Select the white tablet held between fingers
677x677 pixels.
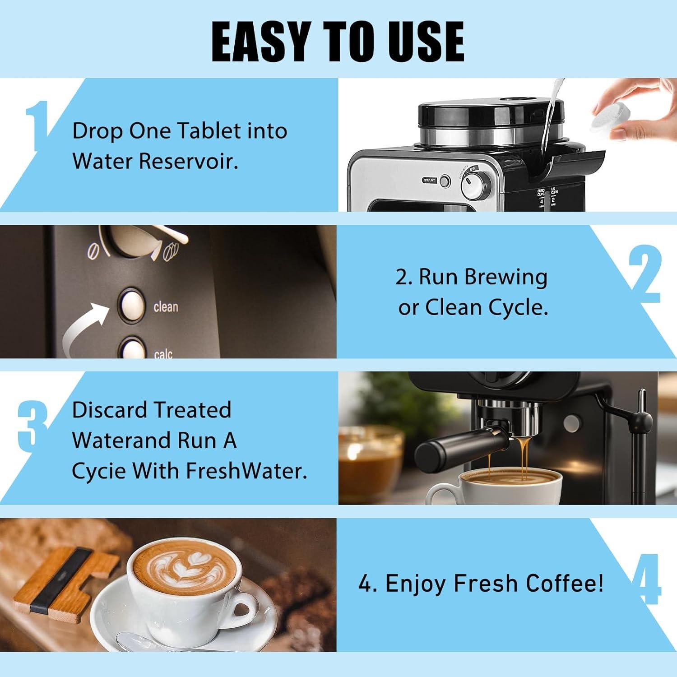[x=607, y=117]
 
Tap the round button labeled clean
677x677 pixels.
[x=131, y=305]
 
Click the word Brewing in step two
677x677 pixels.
[x=505, y=277]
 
